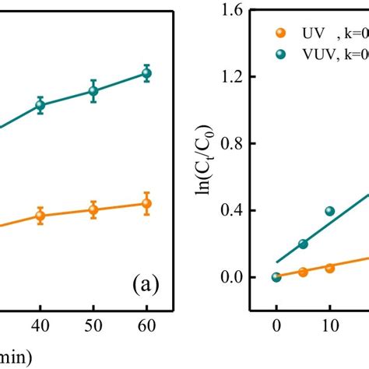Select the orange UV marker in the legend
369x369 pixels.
280,33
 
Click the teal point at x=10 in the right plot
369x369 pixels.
329,211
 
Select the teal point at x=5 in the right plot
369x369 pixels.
303,244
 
